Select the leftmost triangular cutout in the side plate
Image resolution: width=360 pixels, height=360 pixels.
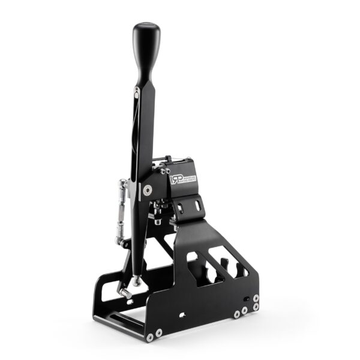[196, 265]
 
